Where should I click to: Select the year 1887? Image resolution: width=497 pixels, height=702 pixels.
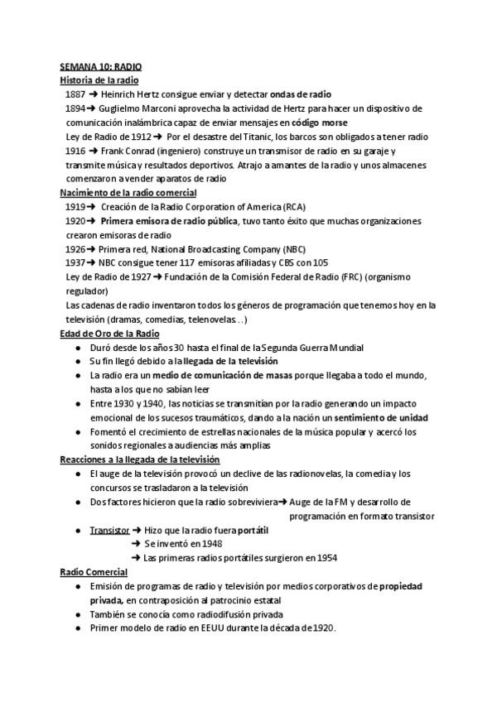[75, 94]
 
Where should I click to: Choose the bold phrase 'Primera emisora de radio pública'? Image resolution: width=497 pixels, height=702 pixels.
[169, 221]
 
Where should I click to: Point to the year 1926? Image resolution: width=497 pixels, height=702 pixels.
[75, 249]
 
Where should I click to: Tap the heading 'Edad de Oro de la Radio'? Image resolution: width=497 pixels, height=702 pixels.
[109, 333]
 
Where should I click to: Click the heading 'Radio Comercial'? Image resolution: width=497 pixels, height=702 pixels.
[94, 571]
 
